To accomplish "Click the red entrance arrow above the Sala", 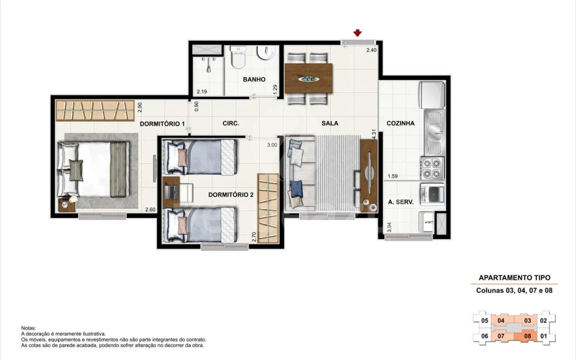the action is click(x=358, y=33).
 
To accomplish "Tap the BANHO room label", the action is click(x=254, y=79).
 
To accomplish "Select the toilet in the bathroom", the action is click(x=238, y=57).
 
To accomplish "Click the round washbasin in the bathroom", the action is click(x=266, y=53).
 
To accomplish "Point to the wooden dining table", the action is click(x=308, y=78).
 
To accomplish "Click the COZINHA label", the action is click(x=400, y=123).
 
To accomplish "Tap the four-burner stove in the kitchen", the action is click(x=432, y=168).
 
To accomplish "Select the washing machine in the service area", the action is click(x=432, y=194).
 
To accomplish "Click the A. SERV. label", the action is click(x=401, y=202).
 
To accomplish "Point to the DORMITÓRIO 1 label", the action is click(x=162, y=124).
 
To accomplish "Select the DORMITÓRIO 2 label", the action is click(x=231, y=195).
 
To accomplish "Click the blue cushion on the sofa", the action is click(x=296, y=188).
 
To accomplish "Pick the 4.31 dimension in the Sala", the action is click(x=374, y=134).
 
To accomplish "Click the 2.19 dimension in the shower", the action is click(x=202, y=92).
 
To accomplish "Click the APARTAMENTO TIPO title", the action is click(x=514, y=278).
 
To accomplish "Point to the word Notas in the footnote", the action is click(x=28, y=328).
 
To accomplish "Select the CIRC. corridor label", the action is click(x=231, y=124).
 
